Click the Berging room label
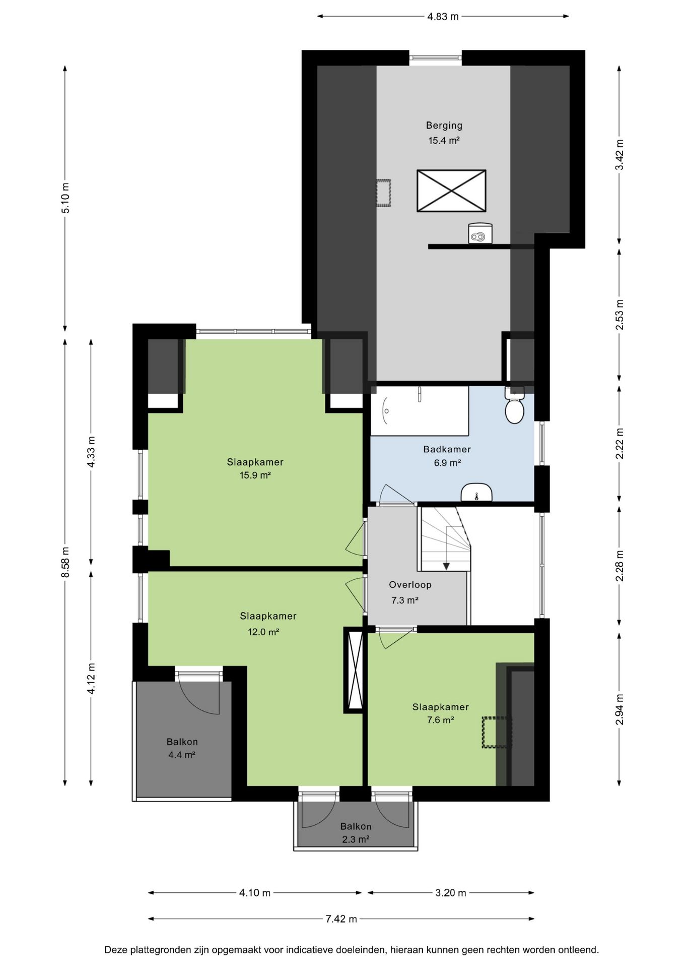[444, 126]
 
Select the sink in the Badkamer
[476, 493]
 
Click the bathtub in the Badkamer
[420, 410]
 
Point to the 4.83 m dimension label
[443, 17]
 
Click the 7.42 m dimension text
[341, 919]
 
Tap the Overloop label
[410, 585]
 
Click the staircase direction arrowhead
[446, 566]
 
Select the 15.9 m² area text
[255, 475]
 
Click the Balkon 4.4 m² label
[182, 748]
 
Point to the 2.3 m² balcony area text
[356, 839]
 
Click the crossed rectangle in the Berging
[451, 191]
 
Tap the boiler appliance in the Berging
[480, 233]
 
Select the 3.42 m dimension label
[620, 155]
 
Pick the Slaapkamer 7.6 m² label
[441, 713]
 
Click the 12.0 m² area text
[263, 632]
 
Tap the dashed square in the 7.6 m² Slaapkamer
[497, 732]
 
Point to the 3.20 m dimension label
[451, 893]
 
